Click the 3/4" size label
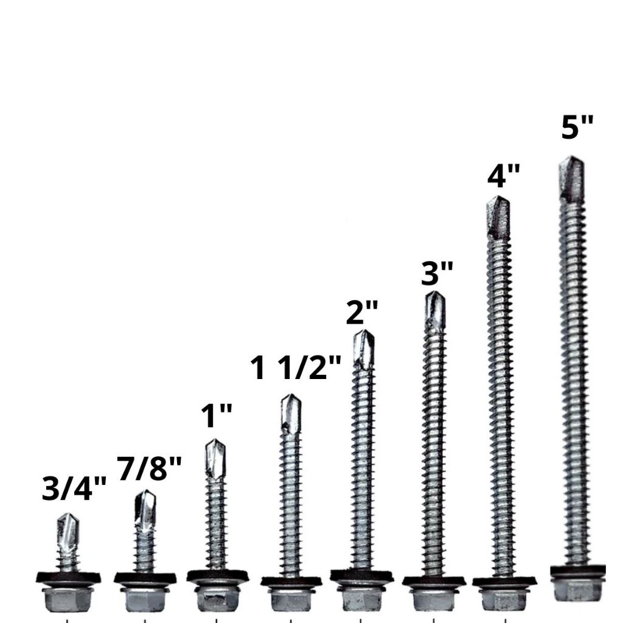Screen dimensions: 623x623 tap(74, 488)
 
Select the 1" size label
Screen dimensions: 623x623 tap(216, 416)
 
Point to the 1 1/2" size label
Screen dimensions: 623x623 tap(296, 367)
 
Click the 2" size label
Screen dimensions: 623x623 tap(362, 312)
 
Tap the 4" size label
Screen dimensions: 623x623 tap(503, 175)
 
